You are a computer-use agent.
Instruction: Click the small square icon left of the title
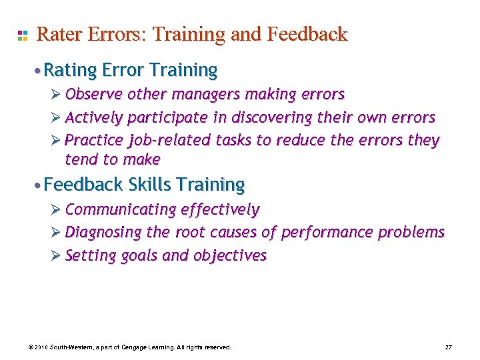[22, 35]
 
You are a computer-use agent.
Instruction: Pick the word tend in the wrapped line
[79, 159]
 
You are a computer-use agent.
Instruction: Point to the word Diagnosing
[103, 233]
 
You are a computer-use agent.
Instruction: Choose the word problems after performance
[411, 233]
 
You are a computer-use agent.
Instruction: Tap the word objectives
[230, 256]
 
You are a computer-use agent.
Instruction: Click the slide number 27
[448, 347]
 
